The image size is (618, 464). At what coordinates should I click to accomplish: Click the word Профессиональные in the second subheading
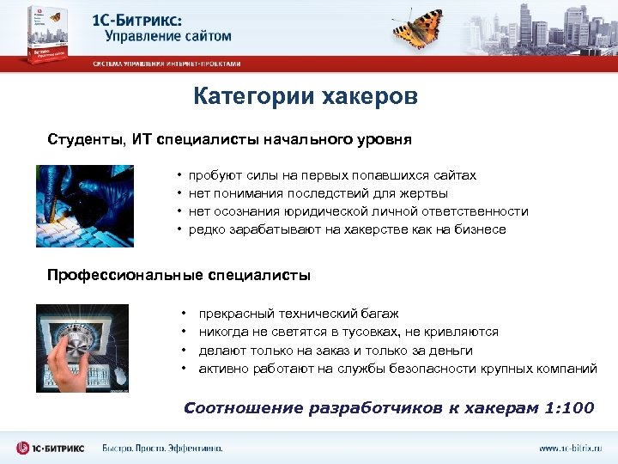124,276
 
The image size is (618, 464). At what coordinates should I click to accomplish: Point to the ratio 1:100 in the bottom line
569,407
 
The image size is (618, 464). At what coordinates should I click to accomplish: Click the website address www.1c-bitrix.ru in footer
571,449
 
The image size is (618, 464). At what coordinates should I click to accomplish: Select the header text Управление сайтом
168,36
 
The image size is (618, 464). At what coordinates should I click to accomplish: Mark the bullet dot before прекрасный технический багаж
185,314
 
